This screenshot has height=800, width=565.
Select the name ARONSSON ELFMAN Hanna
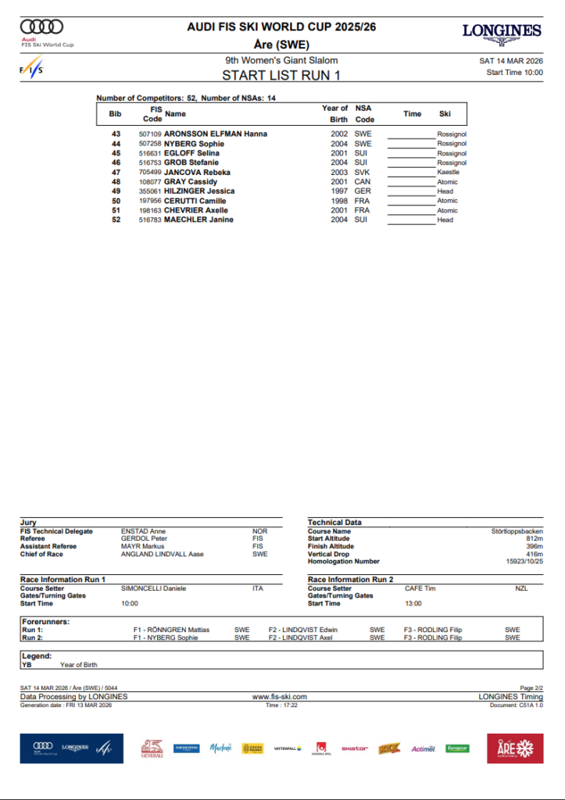(x=216, y=134)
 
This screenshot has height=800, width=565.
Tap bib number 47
(x=116, y=172)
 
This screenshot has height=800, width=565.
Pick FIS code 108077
(x=150, y=181)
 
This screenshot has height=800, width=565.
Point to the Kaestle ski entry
(x=449, y=172)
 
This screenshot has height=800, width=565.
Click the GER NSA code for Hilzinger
(x=363, y=191)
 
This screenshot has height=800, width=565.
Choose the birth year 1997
(x=338, y=191)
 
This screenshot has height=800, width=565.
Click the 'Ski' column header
(x=445, y=114)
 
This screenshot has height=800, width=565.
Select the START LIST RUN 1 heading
(x=281, y=76)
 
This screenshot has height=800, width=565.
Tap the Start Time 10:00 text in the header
(x=514, y=73)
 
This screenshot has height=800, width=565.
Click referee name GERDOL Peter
(x=143, y=539)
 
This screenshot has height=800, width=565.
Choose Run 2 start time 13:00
(x=413, y=603)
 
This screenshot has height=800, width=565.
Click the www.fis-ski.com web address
(x=279, y=696)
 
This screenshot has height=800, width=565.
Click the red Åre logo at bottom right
(x=514, y=748)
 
